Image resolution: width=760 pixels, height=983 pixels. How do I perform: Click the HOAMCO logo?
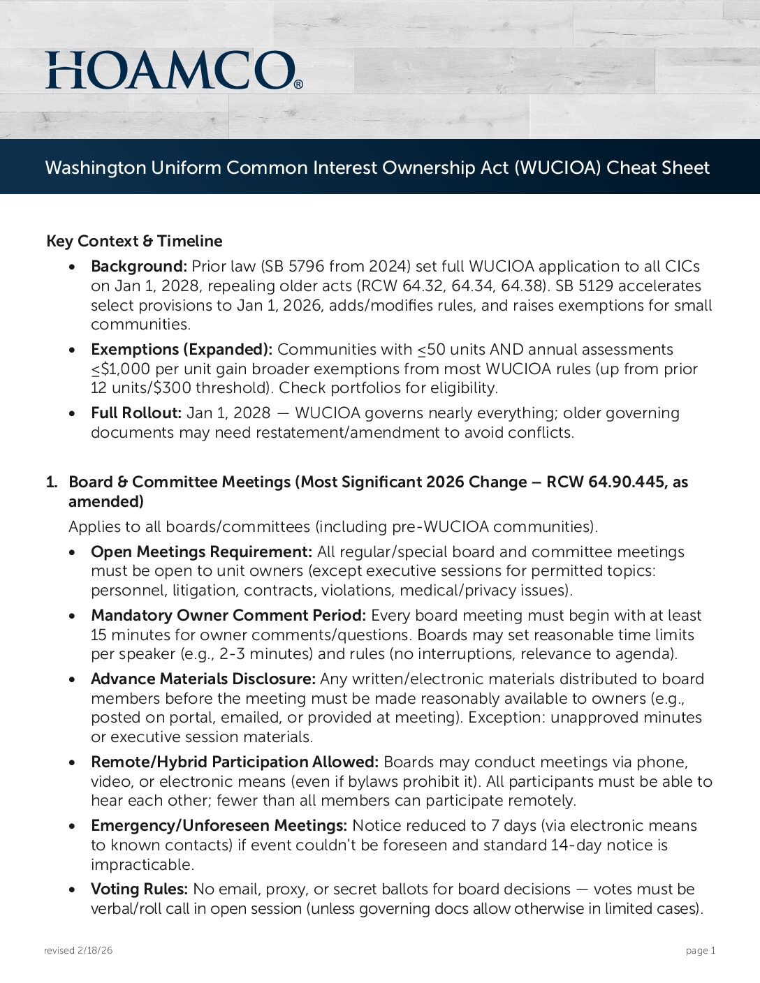[x=172, y=70]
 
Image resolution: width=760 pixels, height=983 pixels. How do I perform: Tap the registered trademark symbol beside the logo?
[x=299, y=84]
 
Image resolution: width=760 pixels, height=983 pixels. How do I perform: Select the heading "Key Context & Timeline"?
[x=134, y=241]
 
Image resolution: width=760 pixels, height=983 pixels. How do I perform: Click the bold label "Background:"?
[x=138, y=266]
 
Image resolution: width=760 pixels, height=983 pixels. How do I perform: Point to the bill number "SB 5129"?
[x=586, y=286]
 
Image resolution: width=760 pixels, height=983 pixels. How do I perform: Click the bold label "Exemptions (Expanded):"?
[x=182, y=349]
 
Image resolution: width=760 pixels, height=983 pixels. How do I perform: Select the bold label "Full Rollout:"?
[x=136, y=413]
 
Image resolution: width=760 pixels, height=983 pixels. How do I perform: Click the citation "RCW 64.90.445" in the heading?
[x=606, y=482]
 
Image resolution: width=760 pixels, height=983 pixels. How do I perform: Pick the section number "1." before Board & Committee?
[x=52, y=482]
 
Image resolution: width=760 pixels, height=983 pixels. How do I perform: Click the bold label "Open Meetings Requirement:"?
[x=201, y=552]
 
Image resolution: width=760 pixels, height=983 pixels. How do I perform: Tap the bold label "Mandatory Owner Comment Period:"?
[x=228, y=615]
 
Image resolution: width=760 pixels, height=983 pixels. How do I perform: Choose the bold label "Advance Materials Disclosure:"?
[x=203, y=679]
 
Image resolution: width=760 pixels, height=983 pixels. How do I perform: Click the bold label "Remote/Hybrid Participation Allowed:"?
[x=235, y=762]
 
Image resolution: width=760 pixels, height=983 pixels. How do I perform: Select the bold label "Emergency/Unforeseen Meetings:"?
[x=219, y=825]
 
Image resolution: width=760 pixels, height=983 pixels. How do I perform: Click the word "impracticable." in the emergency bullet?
[x=142, y=864]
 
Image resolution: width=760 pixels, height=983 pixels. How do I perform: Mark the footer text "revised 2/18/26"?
[x=78, y=950]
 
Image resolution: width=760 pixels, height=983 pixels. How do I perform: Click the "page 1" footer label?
[x=701, y=950]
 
